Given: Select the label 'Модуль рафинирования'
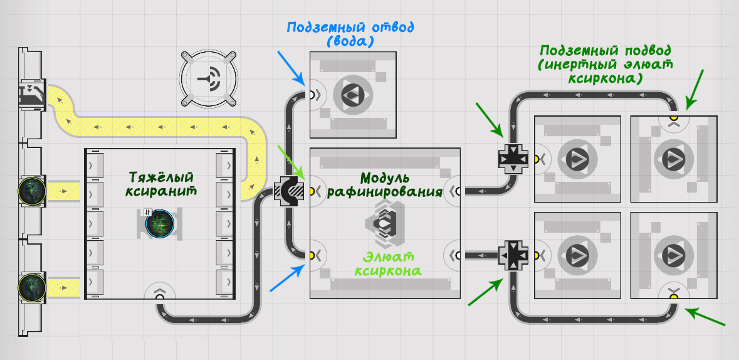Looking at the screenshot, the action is click(x=385, y=184).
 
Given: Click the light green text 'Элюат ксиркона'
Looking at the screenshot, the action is click(x=388, y=264).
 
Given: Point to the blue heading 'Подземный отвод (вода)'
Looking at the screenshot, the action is click(x=350, y=33).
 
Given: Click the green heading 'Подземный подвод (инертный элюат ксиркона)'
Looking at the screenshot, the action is click(x=605, y=64).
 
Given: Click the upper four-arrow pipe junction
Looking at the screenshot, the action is click(x=513, y=159).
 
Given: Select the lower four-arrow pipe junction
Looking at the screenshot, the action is click(x=513, y=255).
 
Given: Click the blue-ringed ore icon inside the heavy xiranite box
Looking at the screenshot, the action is click(x=160, y=224).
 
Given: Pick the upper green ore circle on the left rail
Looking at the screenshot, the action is click(x=32, y=191).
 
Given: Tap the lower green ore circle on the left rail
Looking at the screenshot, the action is click(x=32, y=287).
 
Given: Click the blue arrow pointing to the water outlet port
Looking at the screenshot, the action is click(x=291, y=68).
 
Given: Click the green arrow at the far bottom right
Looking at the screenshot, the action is click(x=705, y=317).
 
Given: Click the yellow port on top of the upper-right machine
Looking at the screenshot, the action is click(x=673, y=117).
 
